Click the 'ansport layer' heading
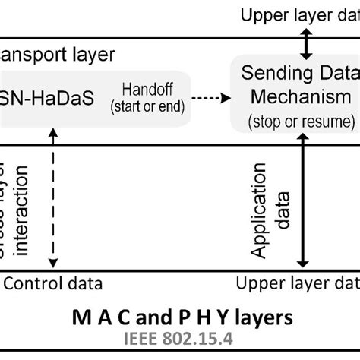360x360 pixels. [x=58, y=55]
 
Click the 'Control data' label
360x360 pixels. [x=53, y=283]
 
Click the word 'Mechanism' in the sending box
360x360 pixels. [x=295, y=98]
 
